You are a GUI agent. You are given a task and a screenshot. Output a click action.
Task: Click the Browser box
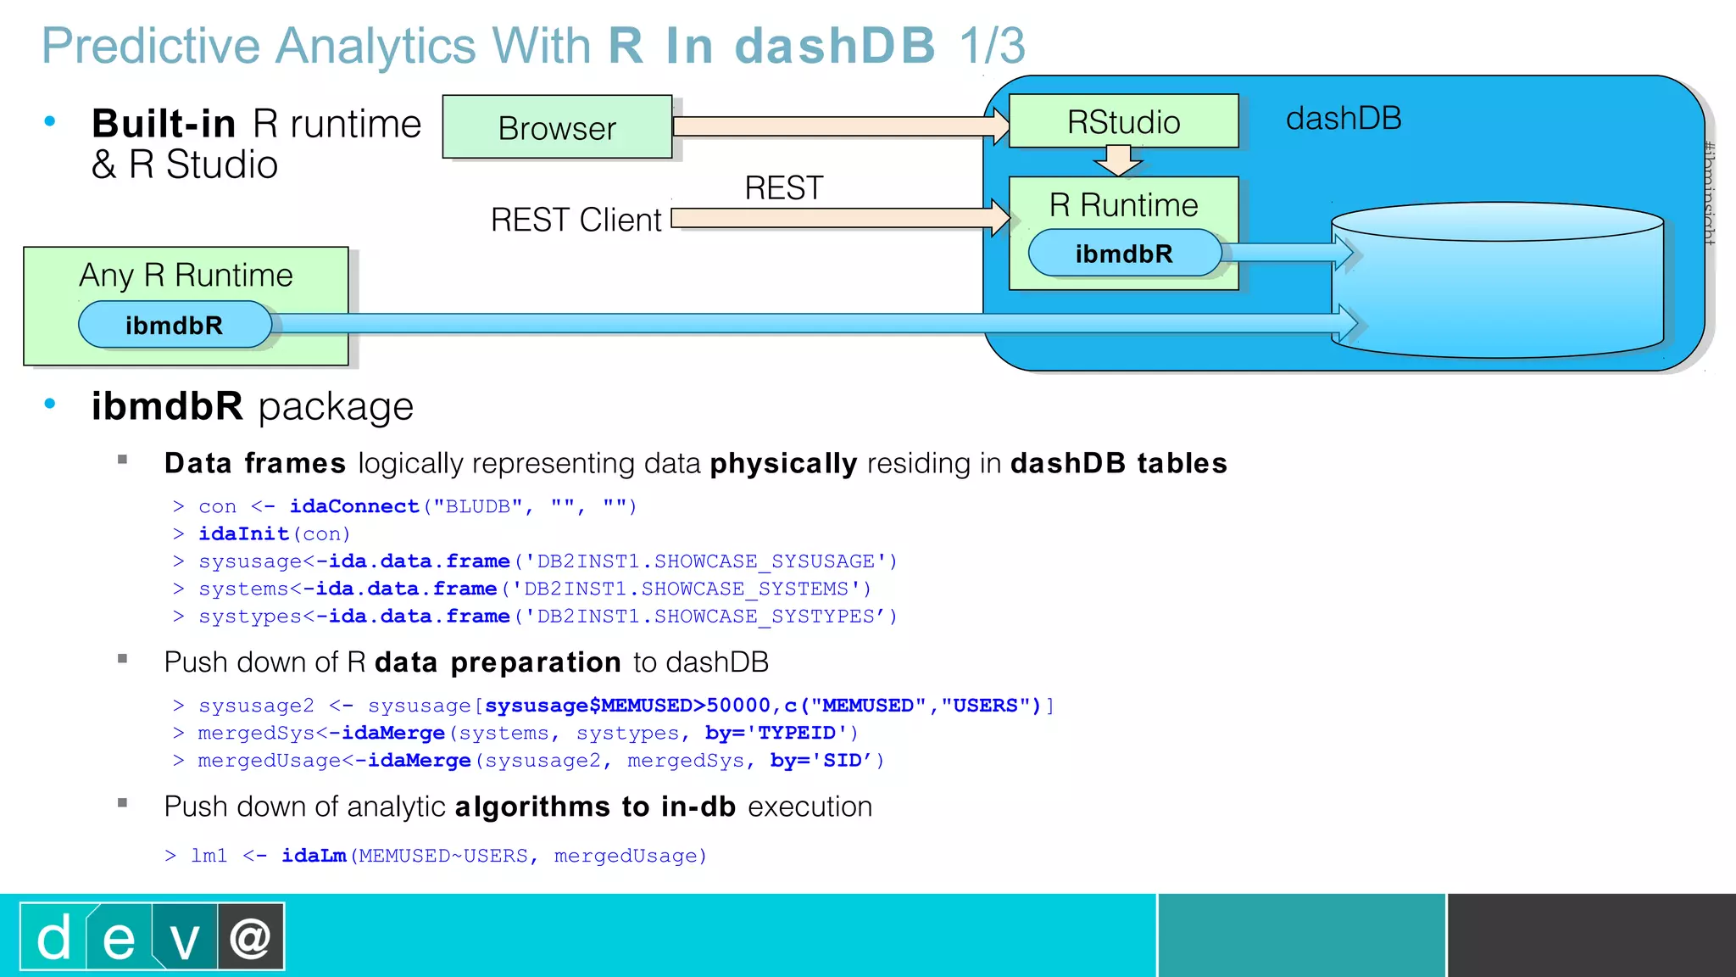pos(557,127)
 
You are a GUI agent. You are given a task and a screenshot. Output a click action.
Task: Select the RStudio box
pos(1123,121)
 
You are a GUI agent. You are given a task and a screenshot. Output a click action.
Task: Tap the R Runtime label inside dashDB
pos(1123,205)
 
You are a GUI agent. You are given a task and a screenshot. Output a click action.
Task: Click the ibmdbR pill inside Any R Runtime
pos(175,326)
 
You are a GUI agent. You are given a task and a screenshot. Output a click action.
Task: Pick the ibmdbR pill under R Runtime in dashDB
pos(1124,254)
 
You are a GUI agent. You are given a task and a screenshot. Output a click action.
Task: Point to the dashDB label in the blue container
pos(1344,119)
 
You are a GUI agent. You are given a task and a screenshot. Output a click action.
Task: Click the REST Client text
pos(576,221)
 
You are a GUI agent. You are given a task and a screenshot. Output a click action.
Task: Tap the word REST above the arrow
pos(783,188)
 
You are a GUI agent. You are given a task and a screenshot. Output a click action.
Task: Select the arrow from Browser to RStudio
pos(839,127)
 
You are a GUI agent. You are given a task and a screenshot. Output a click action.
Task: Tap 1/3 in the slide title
pos(992,46)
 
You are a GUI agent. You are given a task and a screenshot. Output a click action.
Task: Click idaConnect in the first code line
pos(354,506)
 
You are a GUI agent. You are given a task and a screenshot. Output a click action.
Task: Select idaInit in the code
pos(243,534)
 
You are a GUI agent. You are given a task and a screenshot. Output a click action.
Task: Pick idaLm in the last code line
pos(314,856)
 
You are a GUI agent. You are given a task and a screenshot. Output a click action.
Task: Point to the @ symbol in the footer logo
pos(250,937)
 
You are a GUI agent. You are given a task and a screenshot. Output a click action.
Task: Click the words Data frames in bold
pos(255,464)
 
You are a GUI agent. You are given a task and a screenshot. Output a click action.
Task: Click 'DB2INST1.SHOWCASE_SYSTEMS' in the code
pos(685,589)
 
